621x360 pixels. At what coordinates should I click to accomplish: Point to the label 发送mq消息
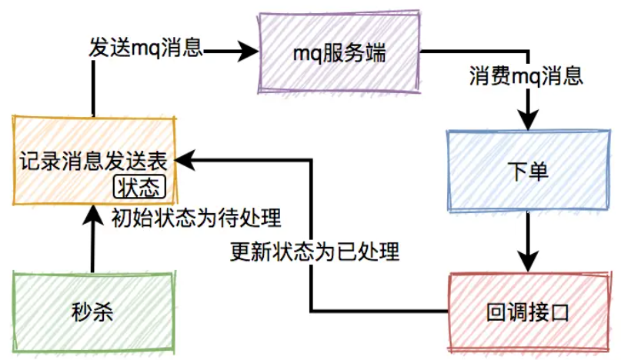[x=145, y=48]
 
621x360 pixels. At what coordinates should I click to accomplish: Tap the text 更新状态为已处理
[x=316, y=251]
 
